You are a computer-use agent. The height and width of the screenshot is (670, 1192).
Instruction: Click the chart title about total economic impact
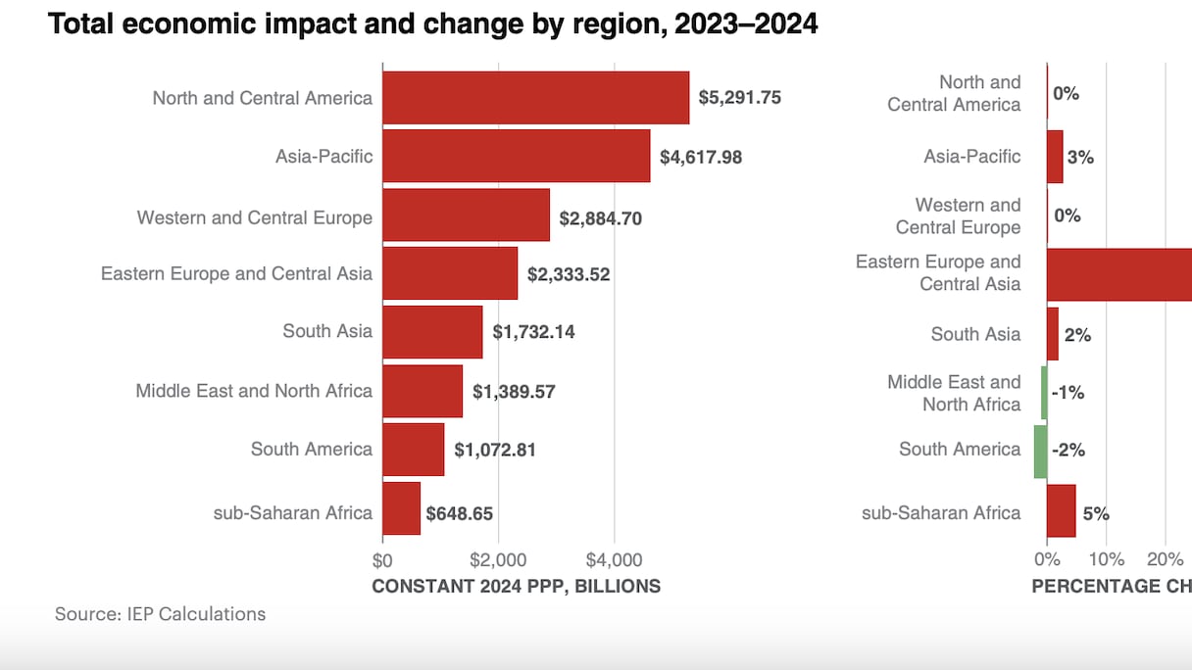click(x=432, y=24)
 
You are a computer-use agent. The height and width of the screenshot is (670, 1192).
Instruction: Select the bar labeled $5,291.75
click(x=535, y=98)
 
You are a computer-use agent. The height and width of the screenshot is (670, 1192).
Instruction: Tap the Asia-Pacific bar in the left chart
click(x=516, y=156)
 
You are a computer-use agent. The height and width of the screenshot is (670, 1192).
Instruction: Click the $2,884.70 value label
click(x=600, y=218)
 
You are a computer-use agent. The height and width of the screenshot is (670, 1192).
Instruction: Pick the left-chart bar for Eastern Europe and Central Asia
click(x=450, y=273)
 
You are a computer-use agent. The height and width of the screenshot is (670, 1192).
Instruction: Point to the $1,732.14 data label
click(x=533, y=332)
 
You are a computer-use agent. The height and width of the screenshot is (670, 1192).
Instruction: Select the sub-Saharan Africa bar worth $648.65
click(x=401, y=508)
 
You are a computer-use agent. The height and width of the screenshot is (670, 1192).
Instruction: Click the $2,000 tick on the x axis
click(x=498, y=560)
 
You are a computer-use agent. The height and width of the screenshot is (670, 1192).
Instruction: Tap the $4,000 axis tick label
click(x=614, y=560)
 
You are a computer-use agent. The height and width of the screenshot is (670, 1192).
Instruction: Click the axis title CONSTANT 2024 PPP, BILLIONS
click(x=516, y=586)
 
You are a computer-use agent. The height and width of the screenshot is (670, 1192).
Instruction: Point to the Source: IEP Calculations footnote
click(x=160, y=614)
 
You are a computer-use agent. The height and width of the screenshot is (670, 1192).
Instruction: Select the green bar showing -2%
click(x=1040, y=452)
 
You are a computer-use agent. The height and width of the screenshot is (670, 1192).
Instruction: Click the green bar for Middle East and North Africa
click(x=1044, y=393)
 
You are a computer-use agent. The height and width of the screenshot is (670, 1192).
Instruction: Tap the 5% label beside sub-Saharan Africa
click(x=1096, y=513)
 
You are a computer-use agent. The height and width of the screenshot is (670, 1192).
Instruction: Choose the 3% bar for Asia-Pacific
click(x=1055, y=157)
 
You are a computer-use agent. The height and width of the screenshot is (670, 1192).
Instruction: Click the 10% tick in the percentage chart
click(x=1106, y=560)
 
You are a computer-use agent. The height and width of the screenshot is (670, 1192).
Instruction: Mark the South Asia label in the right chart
click(x=975, y=334)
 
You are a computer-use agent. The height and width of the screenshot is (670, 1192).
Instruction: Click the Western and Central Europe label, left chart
click(x=254, y=217)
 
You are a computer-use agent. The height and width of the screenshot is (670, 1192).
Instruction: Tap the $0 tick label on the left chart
click(x=382, y=560)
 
